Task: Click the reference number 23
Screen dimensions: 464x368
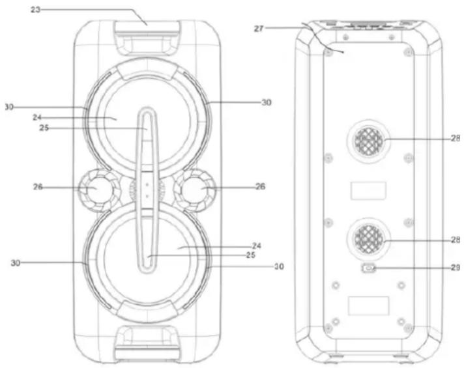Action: coord(35,10)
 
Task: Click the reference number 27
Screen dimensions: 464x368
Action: coord(259,29)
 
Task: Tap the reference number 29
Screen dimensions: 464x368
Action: coord(456,268)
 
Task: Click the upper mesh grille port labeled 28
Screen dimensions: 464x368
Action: coord(369,141)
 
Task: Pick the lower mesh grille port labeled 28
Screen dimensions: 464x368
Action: coord(369,239)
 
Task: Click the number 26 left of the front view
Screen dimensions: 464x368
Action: coord(38,187)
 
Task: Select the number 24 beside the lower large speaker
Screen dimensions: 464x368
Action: coord(257,246)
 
